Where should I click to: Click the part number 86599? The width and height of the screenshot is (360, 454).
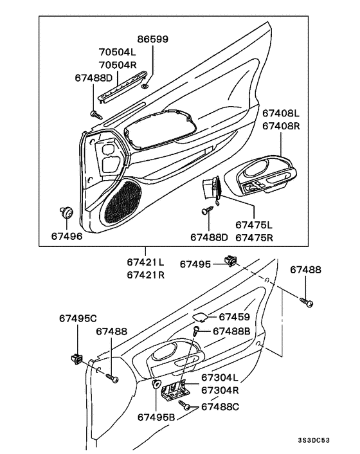[x=152, y=39]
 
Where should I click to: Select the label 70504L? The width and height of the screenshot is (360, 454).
[x=118, y=52]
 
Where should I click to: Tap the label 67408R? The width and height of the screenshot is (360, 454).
[x=281, y=126]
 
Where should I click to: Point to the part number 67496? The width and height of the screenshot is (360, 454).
[x=67, y=236]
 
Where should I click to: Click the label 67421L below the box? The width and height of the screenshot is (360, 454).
[x=145, y=262]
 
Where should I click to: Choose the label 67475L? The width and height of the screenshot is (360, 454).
[x=254, y=224]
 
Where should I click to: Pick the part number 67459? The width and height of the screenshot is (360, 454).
[x=235, y=317]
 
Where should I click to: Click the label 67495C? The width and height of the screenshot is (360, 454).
[x=78, y=318]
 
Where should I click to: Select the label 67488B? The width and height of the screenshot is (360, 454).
[x=231, y=331]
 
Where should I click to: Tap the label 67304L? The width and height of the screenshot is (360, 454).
[x=220, y=377]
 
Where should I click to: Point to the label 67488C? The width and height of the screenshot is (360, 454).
[x=221, y=407]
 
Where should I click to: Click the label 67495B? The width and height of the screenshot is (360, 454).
[x=156, y=417]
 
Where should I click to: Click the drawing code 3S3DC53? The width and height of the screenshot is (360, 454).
[x=314, y=440]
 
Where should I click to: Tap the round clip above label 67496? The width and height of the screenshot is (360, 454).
[x=66, y=212]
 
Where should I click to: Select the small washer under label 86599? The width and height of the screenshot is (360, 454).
[x=145, y=86]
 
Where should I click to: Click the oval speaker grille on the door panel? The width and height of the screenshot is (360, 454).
[x=121, y=201]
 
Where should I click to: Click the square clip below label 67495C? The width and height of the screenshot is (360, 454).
[x=76, y=359]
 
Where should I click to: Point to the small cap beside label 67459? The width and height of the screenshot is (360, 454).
[x=200, y=317]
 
